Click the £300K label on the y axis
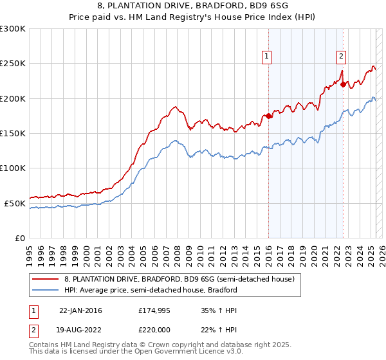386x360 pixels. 13,29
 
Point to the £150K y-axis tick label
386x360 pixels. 13,134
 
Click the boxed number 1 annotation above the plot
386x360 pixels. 267,57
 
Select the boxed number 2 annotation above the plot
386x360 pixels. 341,57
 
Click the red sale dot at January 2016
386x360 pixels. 268,116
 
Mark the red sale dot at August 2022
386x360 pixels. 343,84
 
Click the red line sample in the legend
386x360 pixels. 45,280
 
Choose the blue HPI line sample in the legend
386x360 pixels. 45,290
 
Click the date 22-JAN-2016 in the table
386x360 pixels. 80,310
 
